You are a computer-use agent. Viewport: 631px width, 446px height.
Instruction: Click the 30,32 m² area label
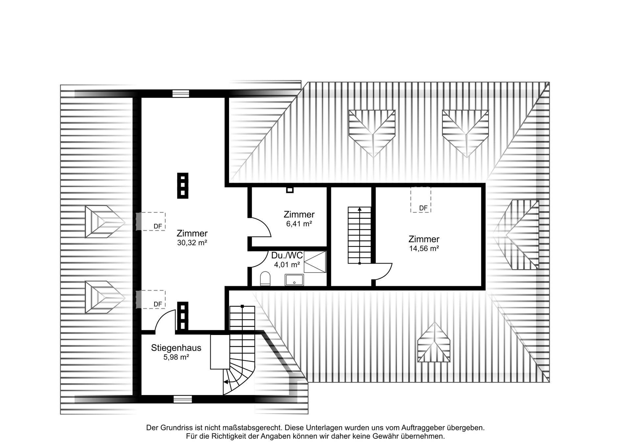(x=192, y=243)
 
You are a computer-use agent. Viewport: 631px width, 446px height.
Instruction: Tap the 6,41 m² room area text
(x=299, y=224)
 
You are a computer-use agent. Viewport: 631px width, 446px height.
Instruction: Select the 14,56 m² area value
(x=424, y=248)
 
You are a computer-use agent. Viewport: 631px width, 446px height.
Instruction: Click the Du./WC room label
(x=287, y=255)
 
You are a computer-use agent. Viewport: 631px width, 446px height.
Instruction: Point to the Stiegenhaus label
(x=176, y=348)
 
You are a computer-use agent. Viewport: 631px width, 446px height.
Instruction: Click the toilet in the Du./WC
(x=265, y=279)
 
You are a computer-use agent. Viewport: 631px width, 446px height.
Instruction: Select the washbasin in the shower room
(x=294, y=280)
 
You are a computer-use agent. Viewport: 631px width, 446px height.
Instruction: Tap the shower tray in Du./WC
(x=315, y=262)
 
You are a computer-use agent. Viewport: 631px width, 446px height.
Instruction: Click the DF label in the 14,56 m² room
(x=423, y=208)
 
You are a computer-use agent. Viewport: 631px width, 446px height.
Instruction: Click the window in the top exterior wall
(x=181, y=93)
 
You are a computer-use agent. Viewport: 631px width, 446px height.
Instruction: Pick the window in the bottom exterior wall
(x=182, y=399)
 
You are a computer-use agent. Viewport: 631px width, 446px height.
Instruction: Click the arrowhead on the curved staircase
(x=225, y=382)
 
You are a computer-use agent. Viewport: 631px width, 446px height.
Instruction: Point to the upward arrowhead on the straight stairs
(x=360, y=209)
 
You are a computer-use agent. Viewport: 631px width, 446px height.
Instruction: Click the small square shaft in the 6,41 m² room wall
(x=290, y=190)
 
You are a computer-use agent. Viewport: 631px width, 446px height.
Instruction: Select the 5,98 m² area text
(x=176, y=357)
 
